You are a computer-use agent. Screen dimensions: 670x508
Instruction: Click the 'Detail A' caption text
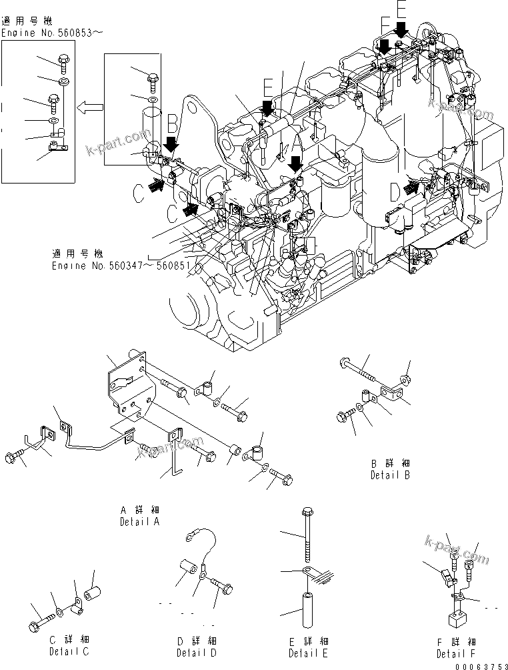(x=139, y=521)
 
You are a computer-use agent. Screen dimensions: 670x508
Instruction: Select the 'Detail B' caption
(x=390, y=475)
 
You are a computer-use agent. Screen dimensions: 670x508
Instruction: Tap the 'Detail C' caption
(x=69, y=651)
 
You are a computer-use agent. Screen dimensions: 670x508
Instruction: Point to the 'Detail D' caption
(x=196, y=652)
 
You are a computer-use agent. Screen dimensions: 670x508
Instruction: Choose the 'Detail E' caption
(x=308, y=653)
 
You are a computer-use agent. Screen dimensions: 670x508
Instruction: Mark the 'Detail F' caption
(x=457, y=653)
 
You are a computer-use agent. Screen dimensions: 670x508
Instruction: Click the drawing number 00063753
(x=479, y=665)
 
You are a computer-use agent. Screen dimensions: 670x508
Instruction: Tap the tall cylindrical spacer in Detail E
(x=307, y=609)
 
